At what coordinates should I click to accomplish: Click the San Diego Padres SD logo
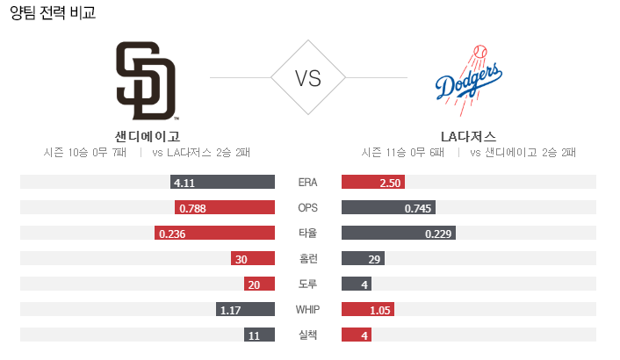[x=146, y=80]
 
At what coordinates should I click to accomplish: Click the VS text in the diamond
[x=307, y=78]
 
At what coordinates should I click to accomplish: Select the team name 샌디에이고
[x=147, y=136]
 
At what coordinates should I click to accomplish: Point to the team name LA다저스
[x=468, y=136]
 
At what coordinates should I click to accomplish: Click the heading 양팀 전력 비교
[x=53, y=13]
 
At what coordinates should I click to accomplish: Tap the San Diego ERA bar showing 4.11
[x=223, y=183]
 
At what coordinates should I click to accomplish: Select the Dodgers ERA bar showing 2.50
[x=372, y=183]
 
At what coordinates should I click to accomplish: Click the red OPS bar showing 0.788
[x=225, y=208]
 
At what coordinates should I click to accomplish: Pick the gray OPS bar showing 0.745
[x=388, y=208]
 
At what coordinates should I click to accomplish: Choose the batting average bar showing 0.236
[x=214, y=234]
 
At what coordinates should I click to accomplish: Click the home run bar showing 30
[x=252, y=259]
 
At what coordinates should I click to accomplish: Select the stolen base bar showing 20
[x=259, y=284]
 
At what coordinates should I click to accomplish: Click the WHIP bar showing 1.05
[x=368, y=310]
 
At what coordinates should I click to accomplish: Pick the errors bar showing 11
[x=259, y=335]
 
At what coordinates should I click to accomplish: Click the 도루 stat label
[x=307, y=284]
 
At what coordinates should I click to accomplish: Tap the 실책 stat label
[x=307, y=335]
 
